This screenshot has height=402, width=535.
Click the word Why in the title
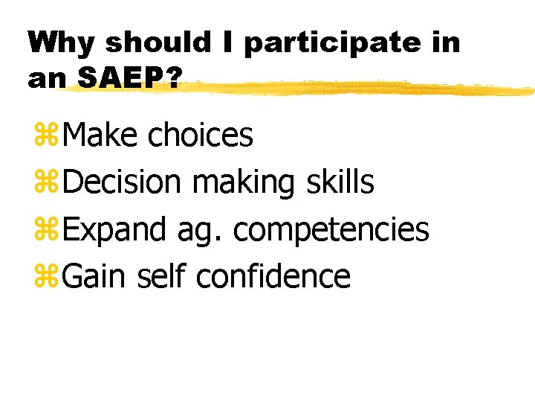point(62,42)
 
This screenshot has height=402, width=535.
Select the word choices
point(201,135)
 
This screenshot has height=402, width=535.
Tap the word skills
point(340,182)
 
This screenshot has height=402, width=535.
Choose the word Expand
point(114,231)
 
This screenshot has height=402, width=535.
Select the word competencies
point(331,231)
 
